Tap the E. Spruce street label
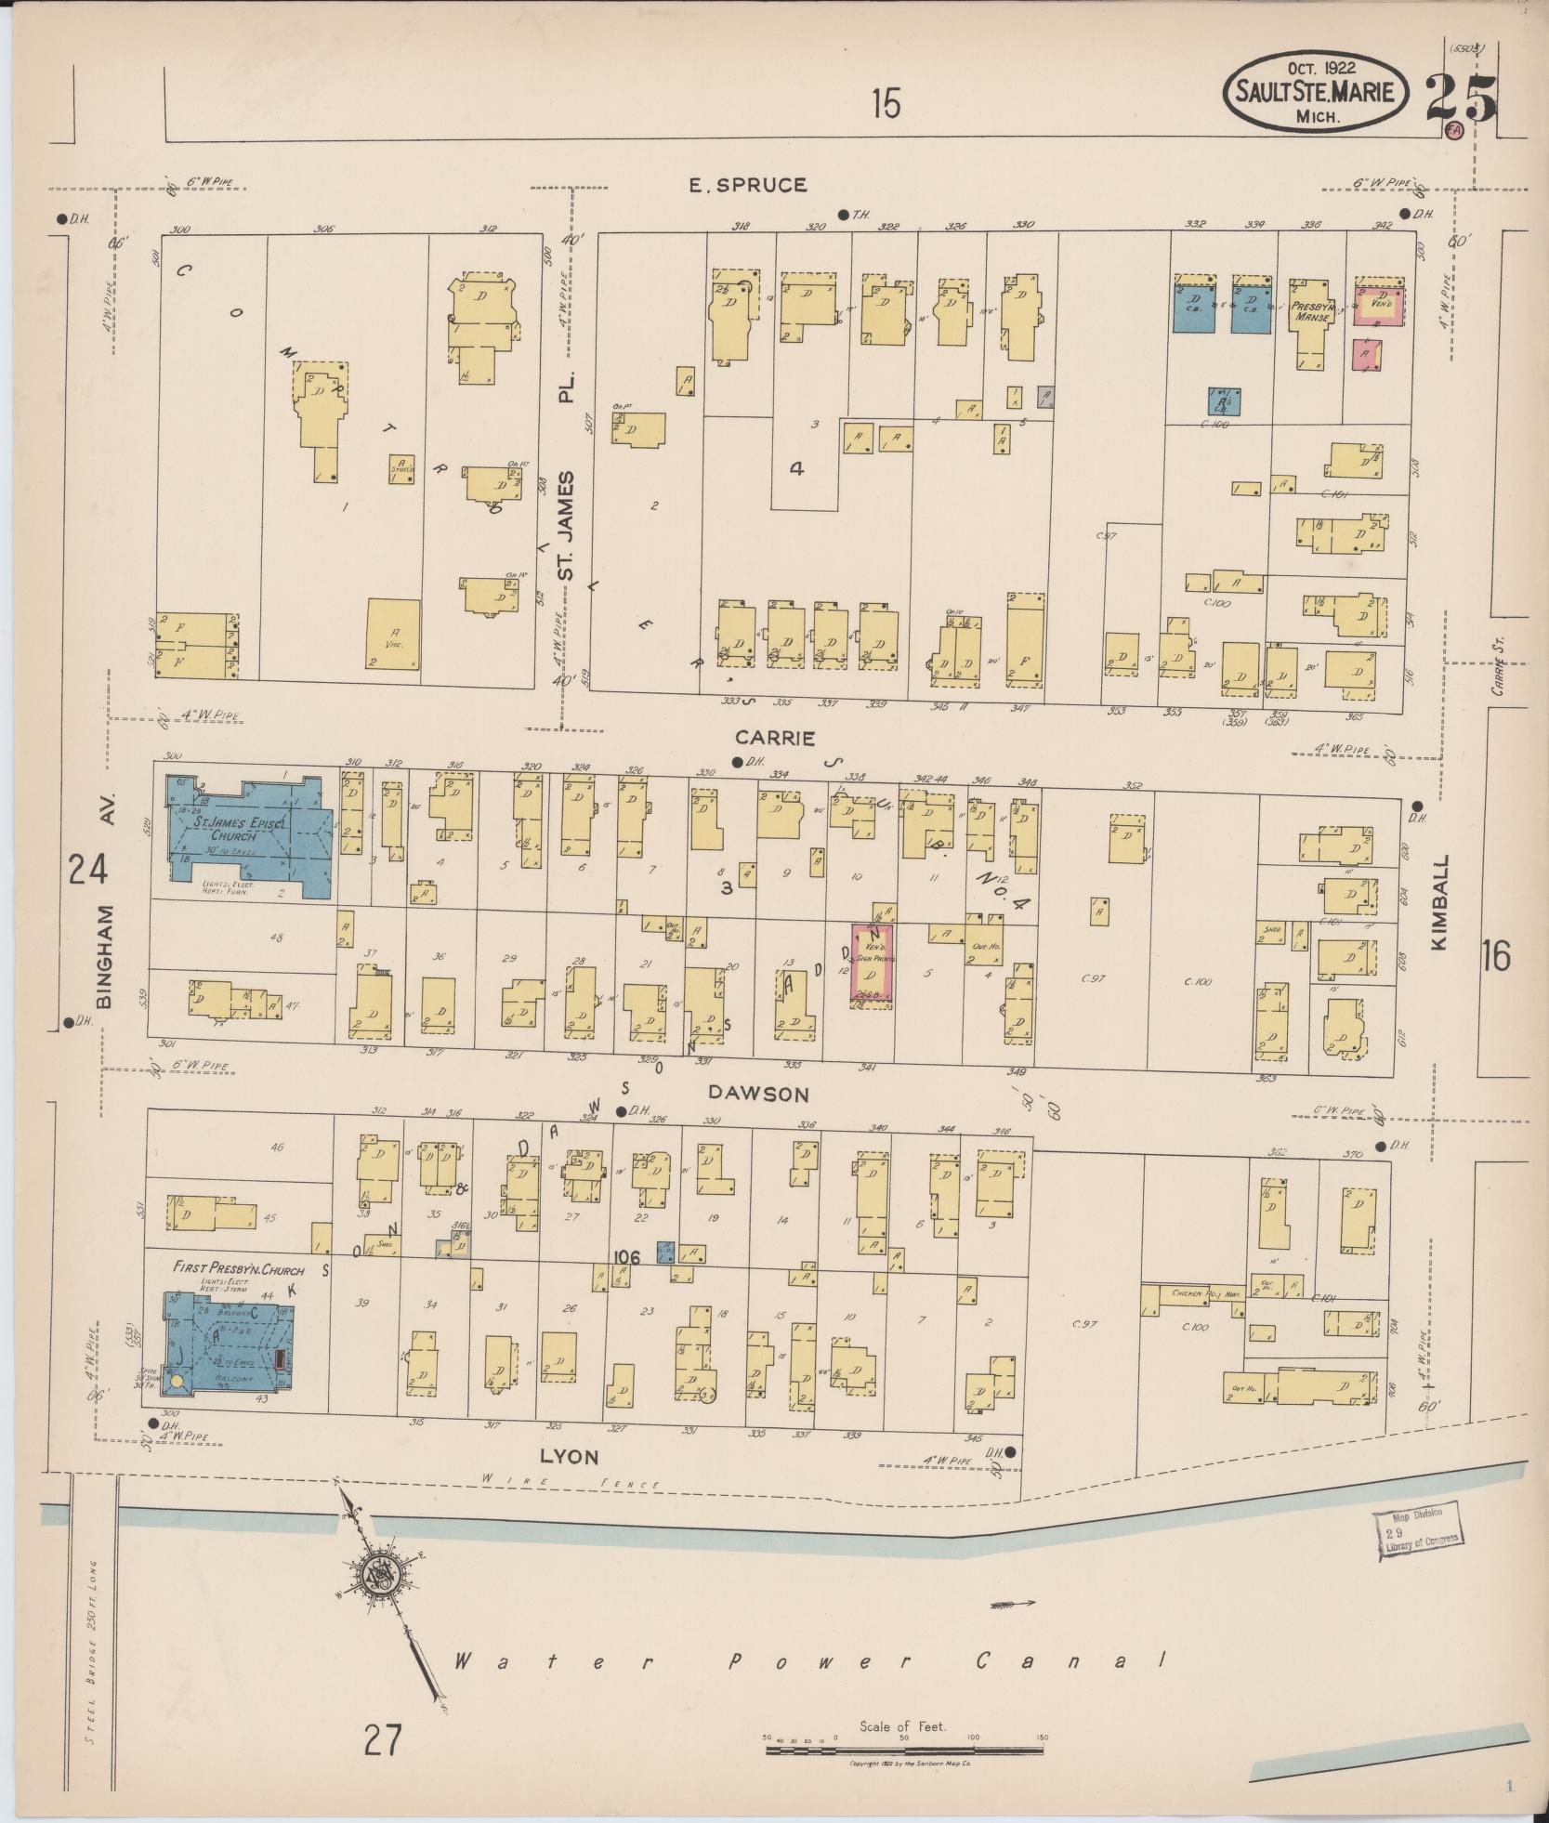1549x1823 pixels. pos(747,185)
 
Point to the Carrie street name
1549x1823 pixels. pos(775,738)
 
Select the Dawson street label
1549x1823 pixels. pos(760,1094)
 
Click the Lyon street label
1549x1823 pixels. pos(569,1456)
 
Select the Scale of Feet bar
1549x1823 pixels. pos(906,1750)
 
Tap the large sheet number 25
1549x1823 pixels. pos(1462,98)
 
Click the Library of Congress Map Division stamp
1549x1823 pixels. pos(1417,1538)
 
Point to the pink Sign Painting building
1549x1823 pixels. pos(873,966)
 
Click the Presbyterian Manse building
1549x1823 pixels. pos(1311,321)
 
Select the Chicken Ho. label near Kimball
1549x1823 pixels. pos(1192,1293)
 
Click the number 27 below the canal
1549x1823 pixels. pos(382,1739)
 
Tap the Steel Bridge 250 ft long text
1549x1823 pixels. pos(90,1662)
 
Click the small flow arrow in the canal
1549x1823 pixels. pos(1012,1604)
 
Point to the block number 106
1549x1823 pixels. pos(626,1257)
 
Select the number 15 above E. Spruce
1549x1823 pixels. pos(886,103)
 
